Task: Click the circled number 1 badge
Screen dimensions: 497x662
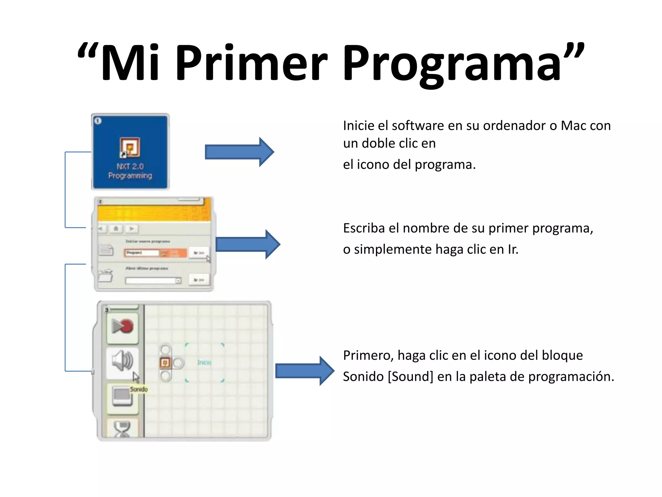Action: click(x=98, y=121)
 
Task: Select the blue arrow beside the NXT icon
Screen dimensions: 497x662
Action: click(x=239, y=152)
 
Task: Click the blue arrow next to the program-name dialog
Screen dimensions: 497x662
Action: click(x=248, y=244)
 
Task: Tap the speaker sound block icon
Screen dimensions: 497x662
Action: click(x=122, y=361)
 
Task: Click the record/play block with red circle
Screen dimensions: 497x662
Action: click(x=122, y=326)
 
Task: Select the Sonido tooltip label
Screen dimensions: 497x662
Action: click(x=139, y=389)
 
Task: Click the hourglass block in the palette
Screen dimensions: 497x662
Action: click(x=122, y=429)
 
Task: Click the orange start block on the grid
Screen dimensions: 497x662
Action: click(x=165, y=363)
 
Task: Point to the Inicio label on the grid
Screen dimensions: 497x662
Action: click(x=204, y=363)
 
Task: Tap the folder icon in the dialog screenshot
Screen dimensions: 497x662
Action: click(x=105, y=276)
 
